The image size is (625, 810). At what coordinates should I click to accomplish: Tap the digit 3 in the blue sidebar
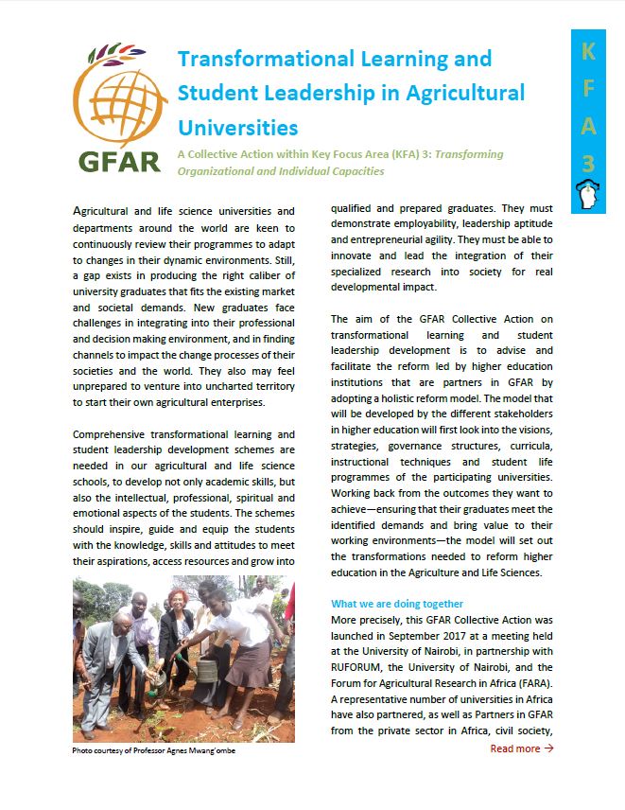[588, 163]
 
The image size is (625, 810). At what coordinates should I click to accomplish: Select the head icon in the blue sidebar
[588, 196]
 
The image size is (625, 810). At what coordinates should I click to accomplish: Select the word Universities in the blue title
[237, 127]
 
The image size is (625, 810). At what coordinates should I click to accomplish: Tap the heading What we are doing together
[397, 603]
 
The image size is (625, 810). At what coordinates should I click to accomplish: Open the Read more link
[515, 748]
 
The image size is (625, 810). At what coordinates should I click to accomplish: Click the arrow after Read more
[549, 748]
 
